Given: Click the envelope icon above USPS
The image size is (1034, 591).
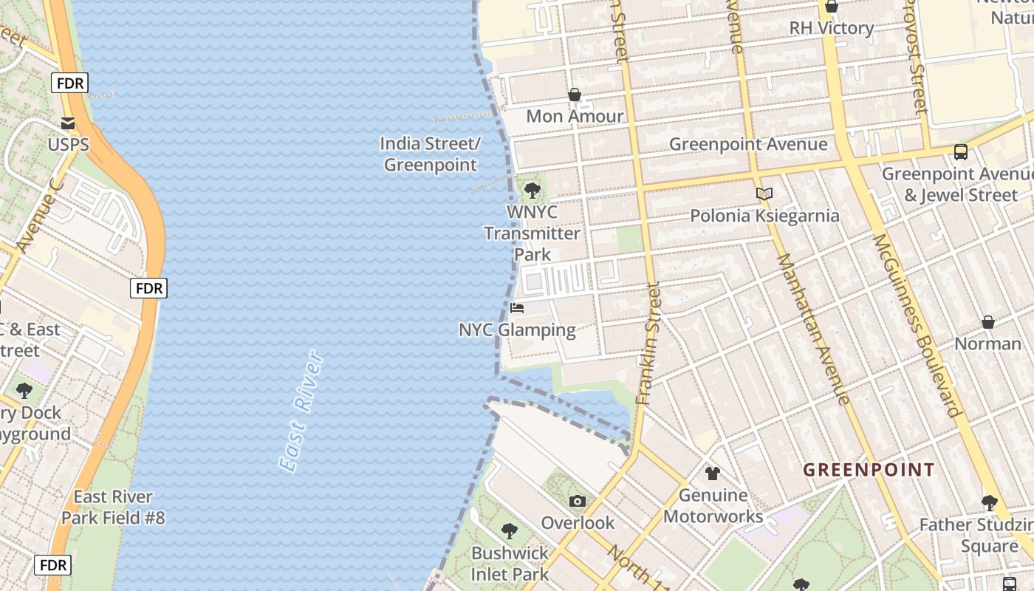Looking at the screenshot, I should point(68,123).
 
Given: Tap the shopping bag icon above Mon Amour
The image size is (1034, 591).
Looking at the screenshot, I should point(574,95).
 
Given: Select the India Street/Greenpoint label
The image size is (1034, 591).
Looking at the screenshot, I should point(431,154).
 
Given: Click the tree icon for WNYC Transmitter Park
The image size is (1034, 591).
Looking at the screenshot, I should point(532,191).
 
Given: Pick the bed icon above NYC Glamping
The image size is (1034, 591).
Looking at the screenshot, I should point(517,307).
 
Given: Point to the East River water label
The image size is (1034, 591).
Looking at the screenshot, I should point(301,411).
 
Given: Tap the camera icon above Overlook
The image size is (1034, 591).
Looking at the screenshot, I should point(578,502).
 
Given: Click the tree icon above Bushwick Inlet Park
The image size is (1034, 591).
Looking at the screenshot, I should point(509,530).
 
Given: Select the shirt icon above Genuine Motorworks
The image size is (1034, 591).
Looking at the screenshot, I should point(713,474).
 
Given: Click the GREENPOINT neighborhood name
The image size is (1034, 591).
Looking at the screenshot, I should point(869,470).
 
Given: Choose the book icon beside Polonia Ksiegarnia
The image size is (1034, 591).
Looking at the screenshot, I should point(764,194).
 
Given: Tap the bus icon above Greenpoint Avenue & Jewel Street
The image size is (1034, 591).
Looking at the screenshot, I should point(960,152).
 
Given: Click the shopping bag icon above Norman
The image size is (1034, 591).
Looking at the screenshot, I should point(987,322).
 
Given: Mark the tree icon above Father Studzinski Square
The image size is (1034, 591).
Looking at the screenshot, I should point(989,503).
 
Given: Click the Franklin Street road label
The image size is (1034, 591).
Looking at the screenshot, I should point(648,344).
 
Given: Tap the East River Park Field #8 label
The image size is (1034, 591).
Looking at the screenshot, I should point(113,507).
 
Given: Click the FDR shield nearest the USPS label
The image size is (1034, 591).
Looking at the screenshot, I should point(69,83).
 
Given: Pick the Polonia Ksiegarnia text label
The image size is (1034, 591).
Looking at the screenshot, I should point(764,216).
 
